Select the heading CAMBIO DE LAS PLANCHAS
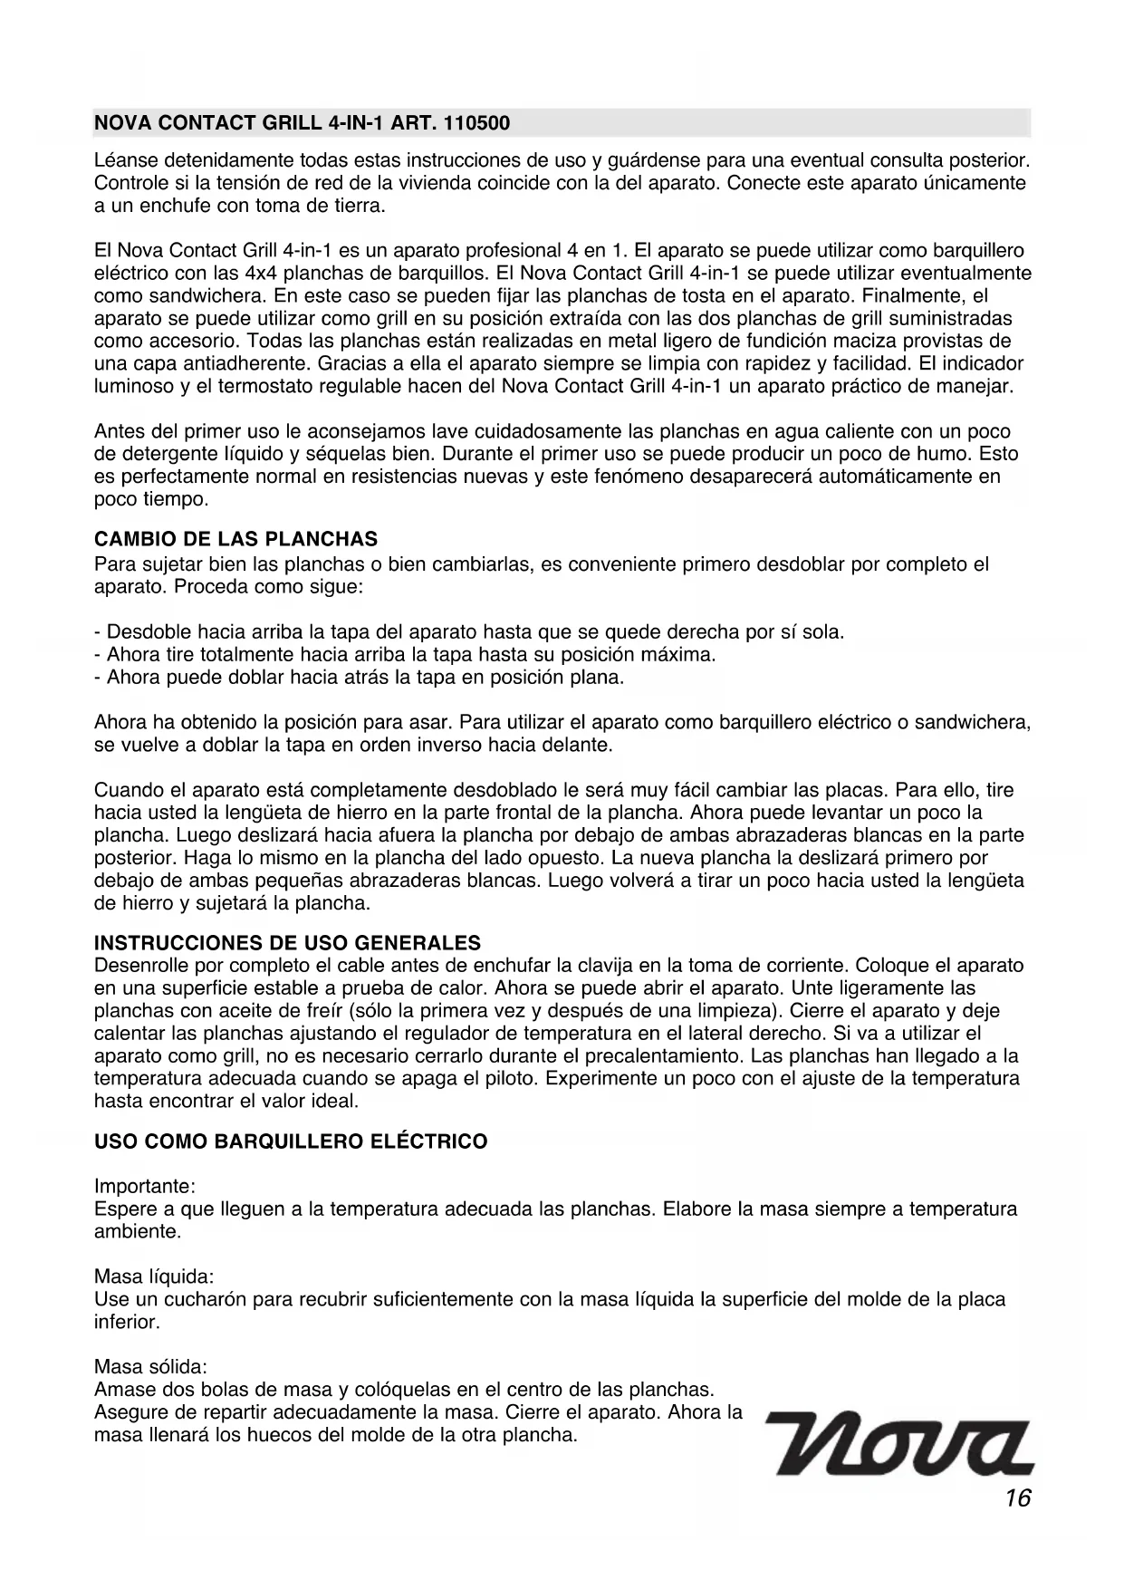click(x=235, y=540)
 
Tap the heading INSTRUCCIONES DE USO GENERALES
click(x=287, y=943)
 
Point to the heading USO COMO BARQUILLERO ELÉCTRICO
click(x=291, y=1141)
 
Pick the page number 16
click(x=1017, y=1498)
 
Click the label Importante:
click(x=145, y=1187)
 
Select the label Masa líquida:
click(x=154, y=1277)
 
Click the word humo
click(x=946, y=454)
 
